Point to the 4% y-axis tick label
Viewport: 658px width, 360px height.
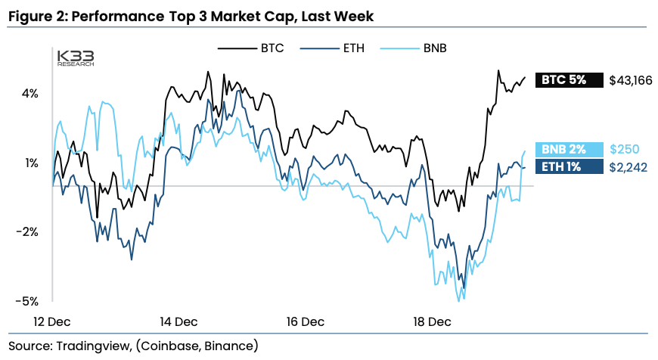pyautogui.click(x=30, y=94)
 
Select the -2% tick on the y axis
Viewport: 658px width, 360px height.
pyautogui.click(x=28, y=231)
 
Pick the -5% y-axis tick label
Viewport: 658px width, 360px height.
pyautogui.click(x=28, y=300)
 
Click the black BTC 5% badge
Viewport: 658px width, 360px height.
pyautogui.click(x=569, y=80)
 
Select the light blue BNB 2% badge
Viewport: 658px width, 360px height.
pyautogui.click(x=569, y=150)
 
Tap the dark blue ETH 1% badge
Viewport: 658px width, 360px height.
pyautogui.click(x=569, y=167)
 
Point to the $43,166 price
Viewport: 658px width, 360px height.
pyautogui.click(x=630, y=80)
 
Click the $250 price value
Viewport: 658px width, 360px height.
pyautogui.click(x=623, y=150)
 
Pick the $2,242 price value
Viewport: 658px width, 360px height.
pyautogui.click(x=628, y=167)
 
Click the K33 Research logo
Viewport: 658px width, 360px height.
pyautogui.click(x=76, y=58)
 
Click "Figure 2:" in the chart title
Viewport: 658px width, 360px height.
pyautogui.click(x=39, y=15)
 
